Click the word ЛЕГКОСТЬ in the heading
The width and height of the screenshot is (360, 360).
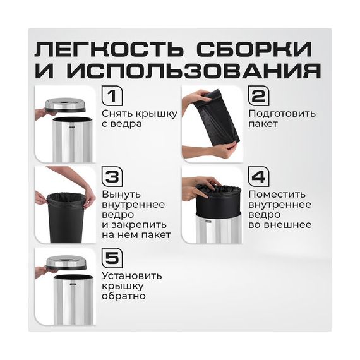(109, 49)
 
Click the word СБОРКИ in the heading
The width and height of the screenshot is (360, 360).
(254, 49)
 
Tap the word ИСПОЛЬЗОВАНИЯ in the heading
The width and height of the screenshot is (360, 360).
(193, 71)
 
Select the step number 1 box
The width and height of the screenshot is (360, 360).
(112, 96)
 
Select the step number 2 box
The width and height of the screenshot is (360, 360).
(259, 96)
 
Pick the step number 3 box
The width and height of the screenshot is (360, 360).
(112, 177)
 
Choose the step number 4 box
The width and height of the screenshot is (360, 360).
(259, 177)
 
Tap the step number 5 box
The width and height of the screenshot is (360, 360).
(112, 258)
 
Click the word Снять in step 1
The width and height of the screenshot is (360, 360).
(117, 114)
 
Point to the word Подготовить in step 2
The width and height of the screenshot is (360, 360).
(282, 114)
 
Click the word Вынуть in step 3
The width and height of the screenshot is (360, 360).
(121, 195)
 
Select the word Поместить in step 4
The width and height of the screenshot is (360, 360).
(277, 195)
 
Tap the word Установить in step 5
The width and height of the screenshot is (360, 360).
(132, 276)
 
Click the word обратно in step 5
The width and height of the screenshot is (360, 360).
(124, 296)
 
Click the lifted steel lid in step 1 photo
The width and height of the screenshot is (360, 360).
(66, 105)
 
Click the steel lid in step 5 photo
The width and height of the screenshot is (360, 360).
(66, 263)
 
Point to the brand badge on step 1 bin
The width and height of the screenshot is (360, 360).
(72, 126)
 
